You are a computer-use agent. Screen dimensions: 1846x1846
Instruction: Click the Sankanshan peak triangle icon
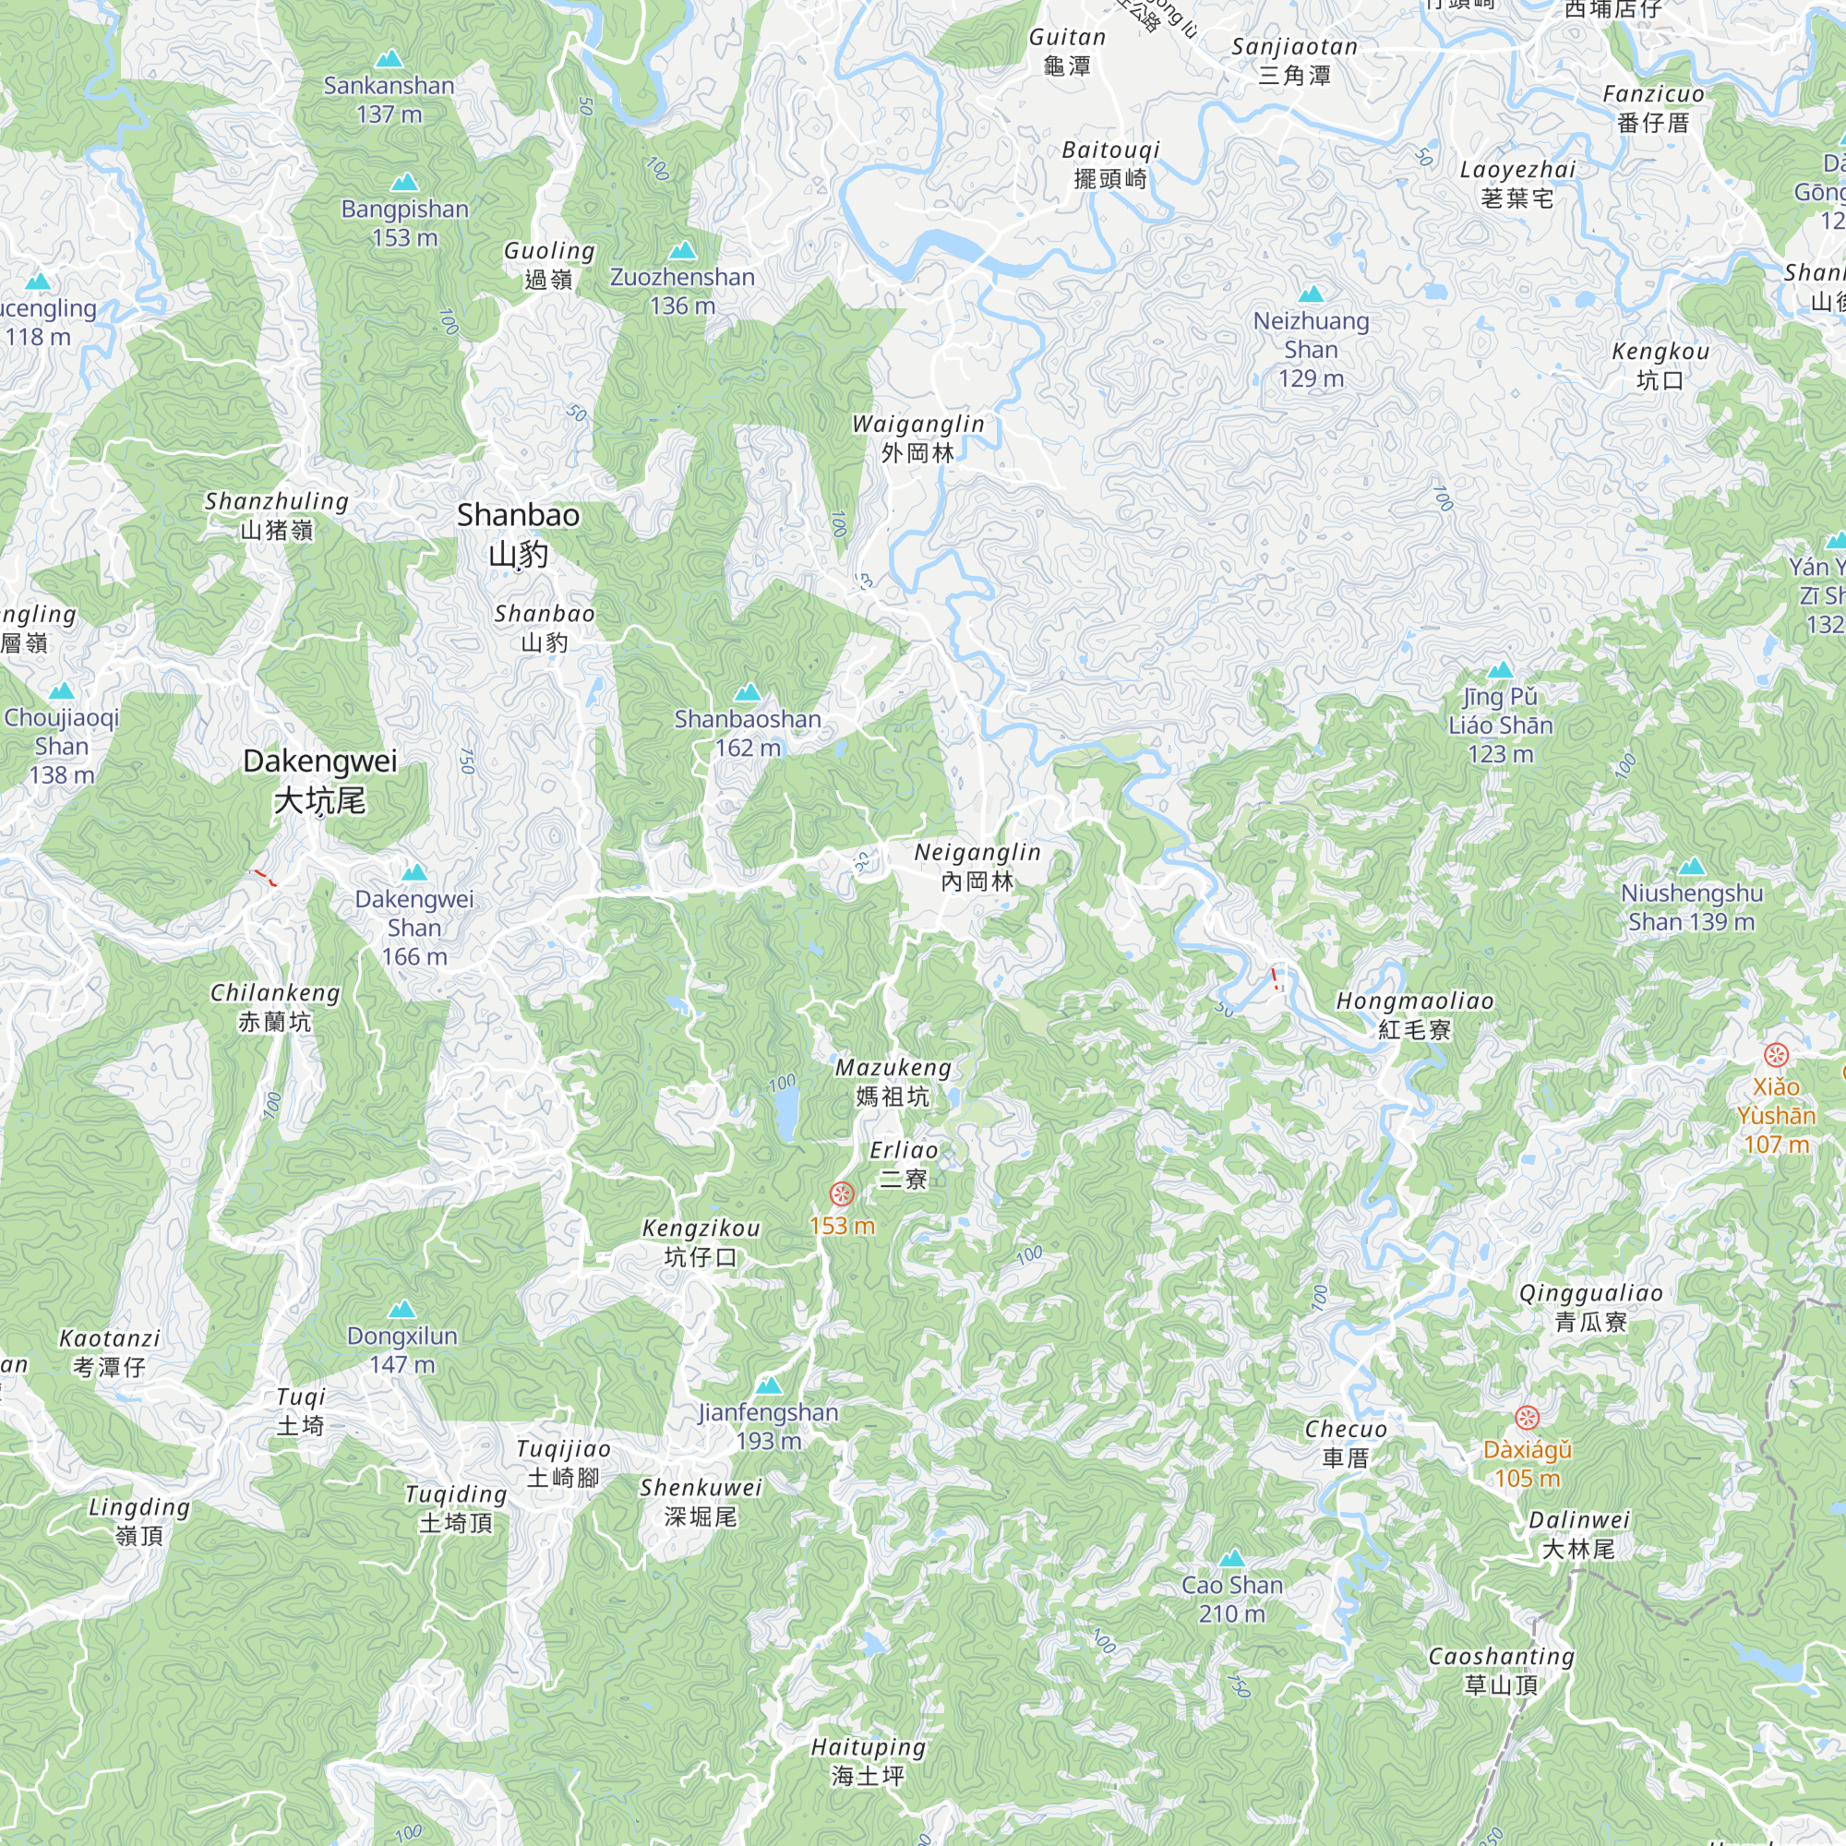(389, 59)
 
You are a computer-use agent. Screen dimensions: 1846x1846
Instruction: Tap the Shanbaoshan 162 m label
(748, 733)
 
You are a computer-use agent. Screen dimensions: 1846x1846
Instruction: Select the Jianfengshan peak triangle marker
(768, 1385)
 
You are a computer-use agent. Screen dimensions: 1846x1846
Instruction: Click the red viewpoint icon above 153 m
(841, 1193)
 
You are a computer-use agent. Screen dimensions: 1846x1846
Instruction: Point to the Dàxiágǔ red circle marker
(1527, 1417)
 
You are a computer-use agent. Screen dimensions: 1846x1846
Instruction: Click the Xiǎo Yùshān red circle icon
(1775, 1055)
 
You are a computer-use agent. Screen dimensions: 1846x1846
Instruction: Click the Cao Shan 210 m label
(1231, 1600)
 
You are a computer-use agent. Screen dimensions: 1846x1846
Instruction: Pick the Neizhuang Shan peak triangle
(1311, 294)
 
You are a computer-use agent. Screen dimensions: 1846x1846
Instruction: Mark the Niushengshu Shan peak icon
(1691, 867)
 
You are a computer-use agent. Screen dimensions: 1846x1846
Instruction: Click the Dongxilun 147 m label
(402, 1349)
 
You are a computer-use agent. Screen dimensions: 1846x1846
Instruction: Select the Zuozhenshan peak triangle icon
(681, 251)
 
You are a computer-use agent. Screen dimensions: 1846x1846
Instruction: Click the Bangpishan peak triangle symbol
(404, 183)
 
